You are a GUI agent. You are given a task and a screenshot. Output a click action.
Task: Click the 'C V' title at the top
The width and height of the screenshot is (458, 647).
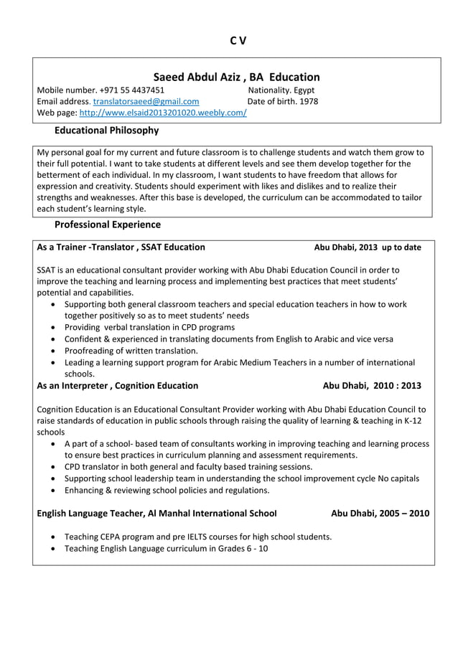(238, 41)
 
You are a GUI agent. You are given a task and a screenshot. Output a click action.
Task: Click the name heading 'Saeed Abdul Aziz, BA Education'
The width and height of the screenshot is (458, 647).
(236, 77)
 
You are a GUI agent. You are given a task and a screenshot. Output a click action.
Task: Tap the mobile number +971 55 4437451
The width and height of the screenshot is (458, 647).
(132, 90)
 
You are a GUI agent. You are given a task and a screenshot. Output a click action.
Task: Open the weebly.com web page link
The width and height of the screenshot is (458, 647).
(163, 113)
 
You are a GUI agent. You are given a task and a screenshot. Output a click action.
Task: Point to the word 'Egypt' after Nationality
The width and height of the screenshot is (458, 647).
(302, 90)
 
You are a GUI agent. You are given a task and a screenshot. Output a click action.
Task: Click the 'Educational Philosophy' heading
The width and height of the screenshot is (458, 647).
(107, 131)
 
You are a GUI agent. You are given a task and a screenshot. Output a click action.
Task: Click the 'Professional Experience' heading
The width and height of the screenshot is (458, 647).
(108, 225)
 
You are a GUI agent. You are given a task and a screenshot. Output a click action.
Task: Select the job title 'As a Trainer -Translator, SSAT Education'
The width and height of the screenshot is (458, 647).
(121, 247)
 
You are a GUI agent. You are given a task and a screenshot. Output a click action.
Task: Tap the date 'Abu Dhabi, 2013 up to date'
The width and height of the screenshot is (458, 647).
(368, 247)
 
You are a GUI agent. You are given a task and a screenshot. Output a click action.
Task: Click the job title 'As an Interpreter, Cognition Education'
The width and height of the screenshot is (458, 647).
(118, 385)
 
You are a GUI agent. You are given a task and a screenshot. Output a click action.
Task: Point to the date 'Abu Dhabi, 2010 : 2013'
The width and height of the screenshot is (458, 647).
(372, 385)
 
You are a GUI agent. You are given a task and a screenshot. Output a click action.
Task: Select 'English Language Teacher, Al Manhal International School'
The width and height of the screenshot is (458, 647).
(156, 514)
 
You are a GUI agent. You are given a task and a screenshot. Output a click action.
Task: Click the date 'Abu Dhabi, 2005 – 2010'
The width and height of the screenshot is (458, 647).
(380, 514)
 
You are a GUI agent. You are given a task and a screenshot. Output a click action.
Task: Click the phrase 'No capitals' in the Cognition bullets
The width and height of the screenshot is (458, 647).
(398, 478)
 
